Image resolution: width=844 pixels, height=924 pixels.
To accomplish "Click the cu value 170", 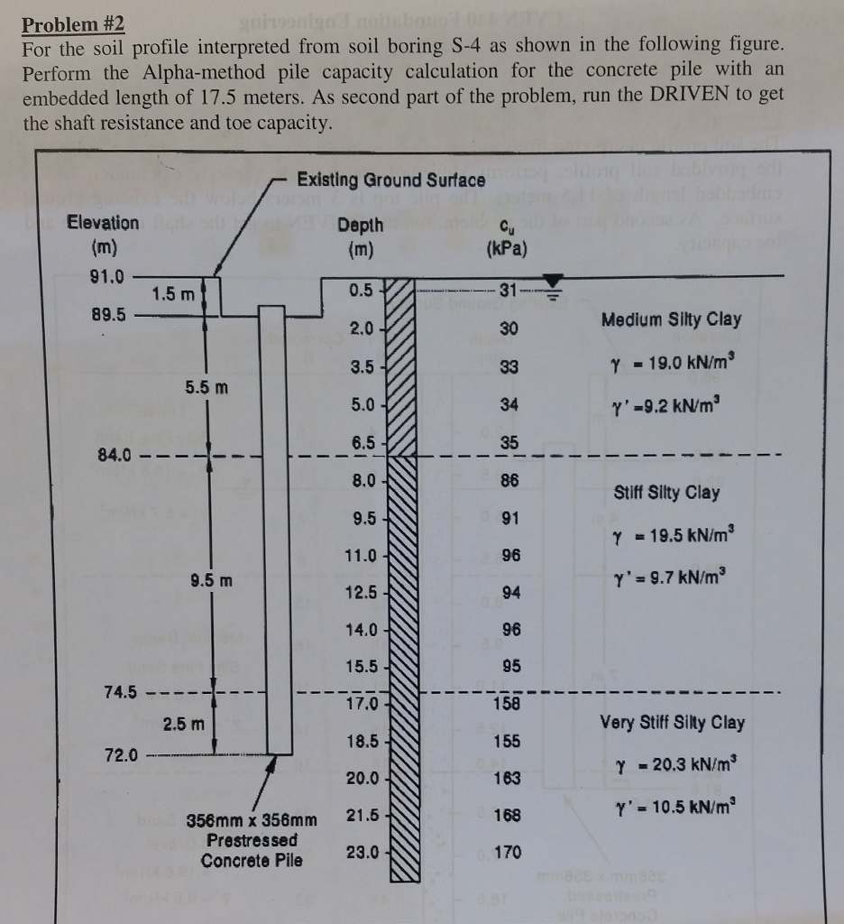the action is tap(509, 853).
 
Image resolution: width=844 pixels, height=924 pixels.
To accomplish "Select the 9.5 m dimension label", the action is tap(210, 580).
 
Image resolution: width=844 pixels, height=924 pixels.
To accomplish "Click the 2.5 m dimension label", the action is tap(184, 724).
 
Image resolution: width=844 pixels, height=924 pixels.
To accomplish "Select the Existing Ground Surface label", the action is tap(391, 180).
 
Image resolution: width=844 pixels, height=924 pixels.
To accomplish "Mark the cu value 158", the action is tap(509, 703).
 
